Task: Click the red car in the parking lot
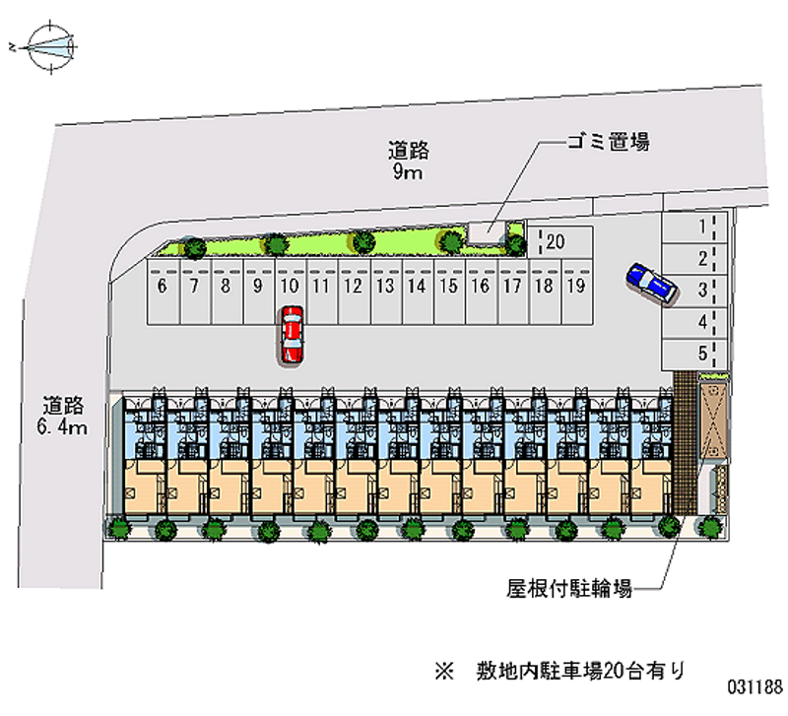[292, 335]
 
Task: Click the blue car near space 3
[651, 283]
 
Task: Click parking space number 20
[560, 242]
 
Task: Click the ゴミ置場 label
[607, 143]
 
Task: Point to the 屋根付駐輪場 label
[568, 590]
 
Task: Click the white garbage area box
[485, 230]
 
